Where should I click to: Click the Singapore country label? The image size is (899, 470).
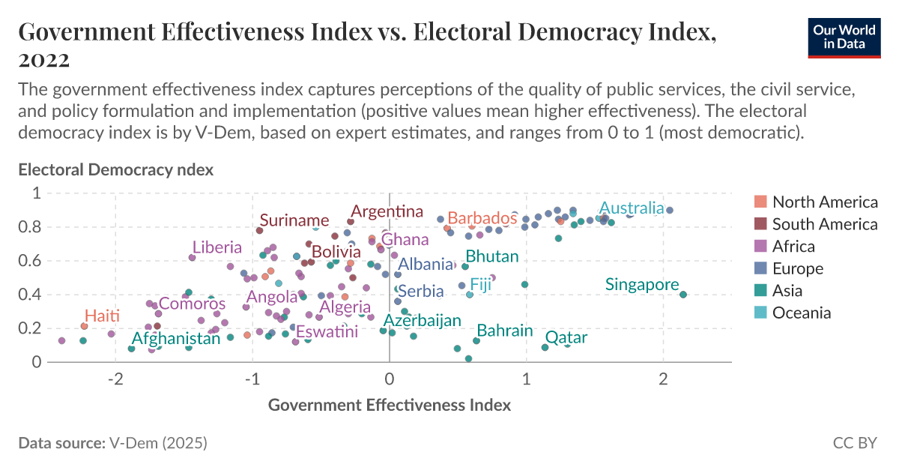(x=642, y=285)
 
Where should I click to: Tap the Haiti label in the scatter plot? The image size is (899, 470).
(x=102, y=316)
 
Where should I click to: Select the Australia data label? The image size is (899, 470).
(x=632, y=208)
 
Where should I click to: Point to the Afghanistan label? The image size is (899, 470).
(x=176, y=338)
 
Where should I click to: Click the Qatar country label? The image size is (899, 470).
(x=566, y=338)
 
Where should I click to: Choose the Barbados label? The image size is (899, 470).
(x=482, y=218)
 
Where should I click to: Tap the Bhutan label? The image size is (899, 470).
(x=492, y=256)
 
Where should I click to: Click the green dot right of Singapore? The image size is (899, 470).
(x=683, y=295)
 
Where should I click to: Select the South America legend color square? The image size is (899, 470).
(x=760, y=224)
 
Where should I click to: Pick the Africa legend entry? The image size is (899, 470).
(x=793, y=247)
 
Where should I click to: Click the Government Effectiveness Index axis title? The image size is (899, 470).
(x=389, y=406)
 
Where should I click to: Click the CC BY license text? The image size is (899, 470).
(x=854, y=443)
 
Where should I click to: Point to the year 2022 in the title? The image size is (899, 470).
(x=44, y=59)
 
